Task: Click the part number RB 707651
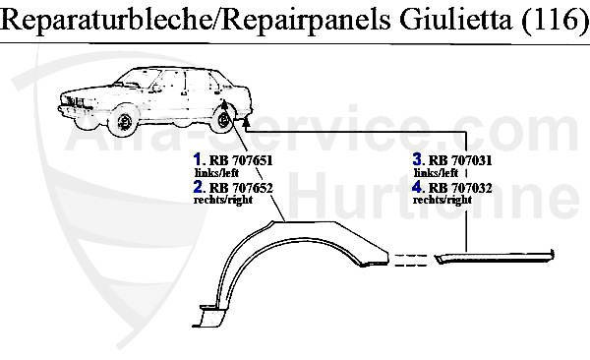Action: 237,159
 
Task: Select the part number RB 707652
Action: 237,186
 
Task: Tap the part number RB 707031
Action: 457,159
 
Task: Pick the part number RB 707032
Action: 457,186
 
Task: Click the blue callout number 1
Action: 198,159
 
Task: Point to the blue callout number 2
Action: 198,186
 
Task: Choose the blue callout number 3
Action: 418,159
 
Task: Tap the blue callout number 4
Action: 418,186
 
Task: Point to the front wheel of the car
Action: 124,123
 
